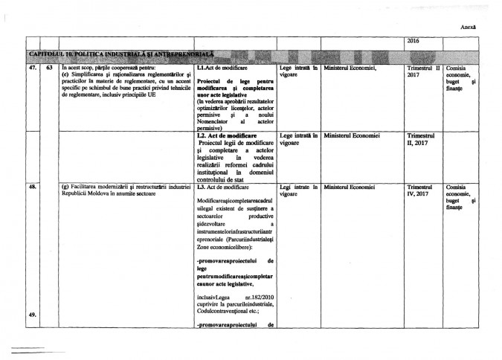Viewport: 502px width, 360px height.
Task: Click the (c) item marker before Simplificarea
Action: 65,74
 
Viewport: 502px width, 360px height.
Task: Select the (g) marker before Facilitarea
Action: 65,187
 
